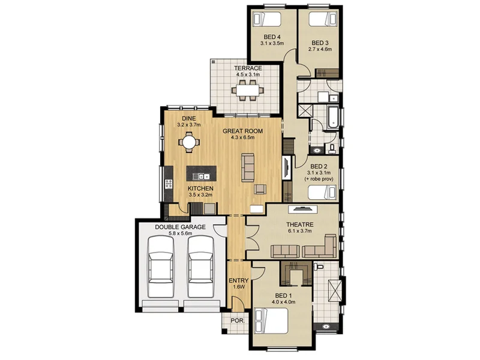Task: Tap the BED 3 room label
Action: click(x=320, y=43)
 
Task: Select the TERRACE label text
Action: click(x=248, y=68)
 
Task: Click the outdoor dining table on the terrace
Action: click(x=248, y=91)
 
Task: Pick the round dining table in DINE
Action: click(x=189, y=143)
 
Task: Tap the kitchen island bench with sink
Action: click(x=200, y=175)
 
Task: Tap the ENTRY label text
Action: click(x=239, y=280)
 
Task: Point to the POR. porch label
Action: click(x=237, y=322)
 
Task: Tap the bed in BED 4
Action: click(x=267, y=17)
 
